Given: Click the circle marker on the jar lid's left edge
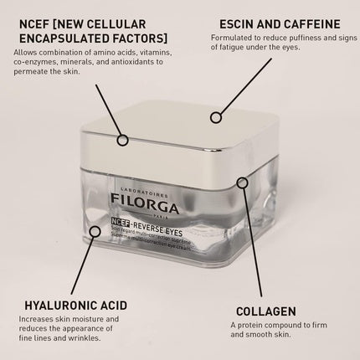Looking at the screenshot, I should pyautogui.click(x=123, y=139).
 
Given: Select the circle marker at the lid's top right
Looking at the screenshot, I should pyautogui.click(x=216, y=117).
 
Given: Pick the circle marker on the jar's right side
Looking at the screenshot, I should pyautogui.click(x=242, y=182).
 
